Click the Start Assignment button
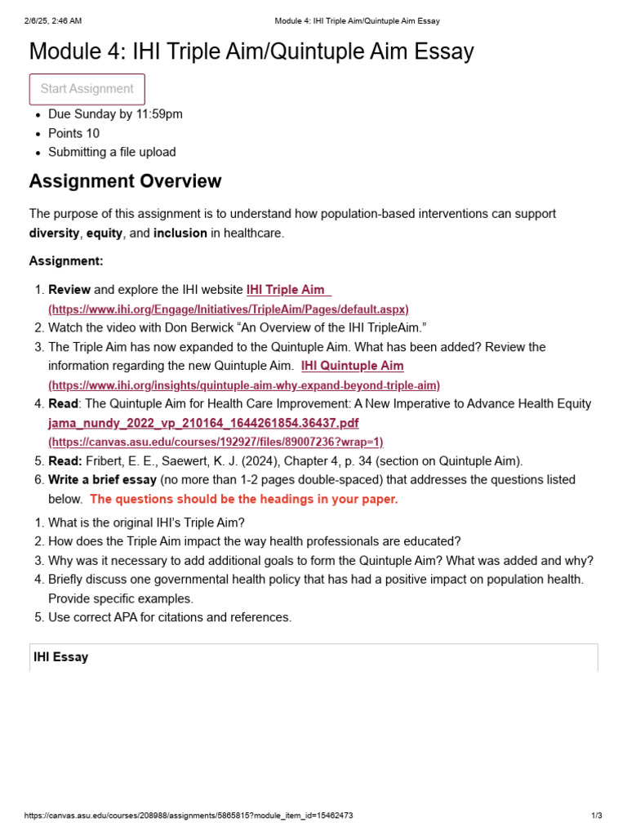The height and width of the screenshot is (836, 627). tap(87, 89)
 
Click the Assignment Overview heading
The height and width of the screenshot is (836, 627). tap(125, 181)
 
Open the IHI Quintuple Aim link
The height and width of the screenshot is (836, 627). tap(352, 366)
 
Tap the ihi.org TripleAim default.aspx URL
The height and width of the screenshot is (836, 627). tap(229, 309)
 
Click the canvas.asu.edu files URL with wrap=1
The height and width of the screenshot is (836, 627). tap(216, 442)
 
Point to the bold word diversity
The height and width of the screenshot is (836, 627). tap(55, 233)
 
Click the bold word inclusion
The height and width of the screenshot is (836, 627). tap(180, 233)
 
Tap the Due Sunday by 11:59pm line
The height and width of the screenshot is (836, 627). tap(115, 114)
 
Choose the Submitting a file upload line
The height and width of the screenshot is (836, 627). tap(112, 152)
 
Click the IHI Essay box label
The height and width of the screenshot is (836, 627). tap(60, 656)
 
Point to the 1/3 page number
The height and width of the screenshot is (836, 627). tap(596, 816)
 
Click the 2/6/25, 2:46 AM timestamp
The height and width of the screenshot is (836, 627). tap(53, 20)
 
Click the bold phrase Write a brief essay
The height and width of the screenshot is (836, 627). tap(102, 480)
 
